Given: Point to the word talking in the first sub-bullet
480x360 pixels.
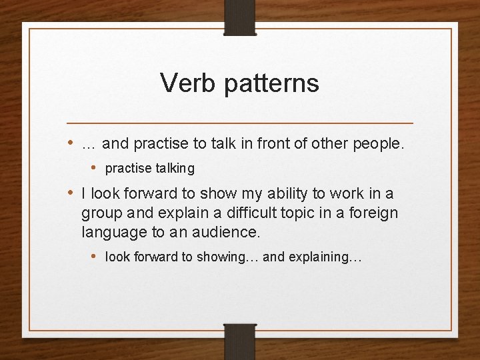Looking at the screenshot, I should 173,169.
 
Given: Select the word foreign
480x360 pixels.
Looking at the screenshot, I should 373,213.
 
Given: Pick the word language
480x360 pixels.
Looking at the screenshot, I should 111,233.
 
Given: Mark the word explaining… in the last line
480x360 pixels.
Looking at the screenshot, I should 326,257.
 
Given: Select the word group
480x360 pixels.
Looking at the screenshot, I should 101,214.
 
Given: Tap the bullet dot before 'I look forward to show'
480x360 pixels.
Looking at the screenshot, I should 71,194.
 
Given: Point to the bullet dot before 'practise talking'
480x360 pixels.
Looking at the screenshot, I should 95,168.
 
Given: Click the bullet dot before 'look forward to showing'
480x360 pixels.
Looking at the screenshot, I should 95,257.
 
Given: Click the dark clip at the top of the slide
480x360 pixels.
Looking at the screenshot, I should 240,17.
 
